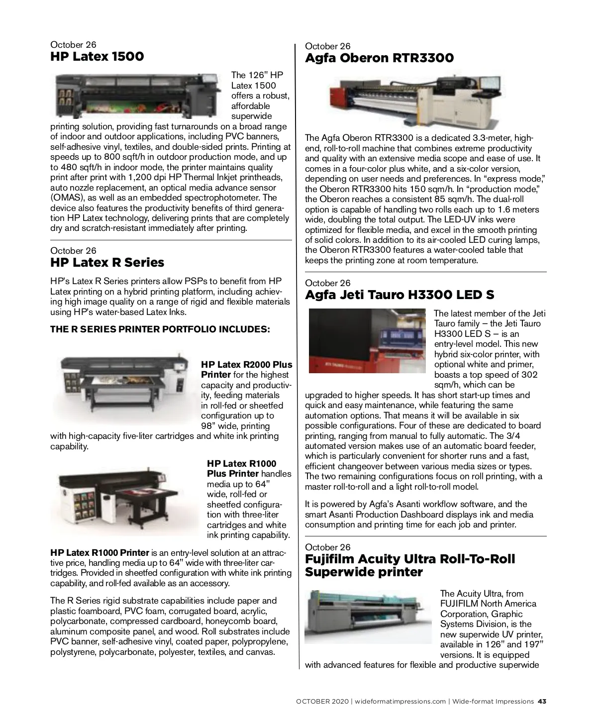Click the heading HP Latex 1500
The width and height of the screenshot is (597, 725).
(x=97, y=56)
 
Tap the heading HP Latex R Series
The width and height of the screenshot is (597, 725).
(x=107, y=262)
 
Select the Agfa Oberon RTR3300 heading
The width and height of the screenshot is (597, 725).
(x=379, y=58)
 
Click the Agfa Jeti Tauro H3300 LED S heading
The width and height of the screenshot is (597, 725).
(x=399, y=295)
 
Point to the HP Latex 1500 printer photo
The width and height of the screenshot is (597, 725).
(x=137, y=95)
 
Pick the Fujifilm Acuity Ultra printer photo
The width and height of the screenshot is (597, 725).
(x=368, y=616)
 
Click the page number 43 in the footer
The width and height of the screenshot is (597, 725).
(x=542, y=702)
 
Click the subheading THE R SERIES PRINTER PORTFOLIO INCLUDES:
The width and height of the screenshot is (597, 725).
(x=160, y=329)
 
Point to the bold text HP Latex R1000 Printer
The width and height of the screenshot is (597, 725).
(x=99, y=552)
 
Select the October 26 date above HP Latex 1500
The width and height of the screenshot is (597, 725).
(x=73, y=45)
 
